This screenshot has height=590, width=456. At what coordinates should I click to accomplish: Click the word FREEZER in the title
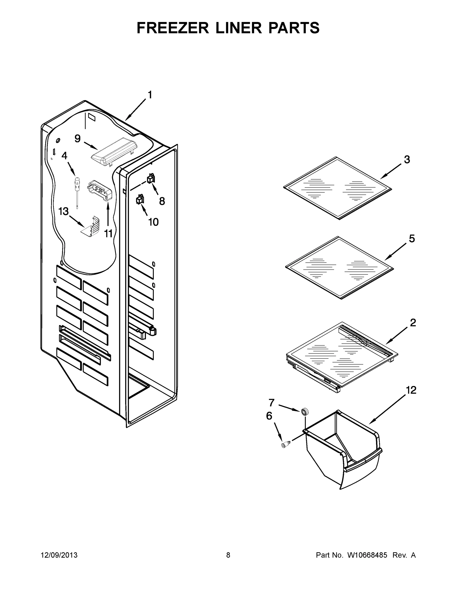coord(173,28)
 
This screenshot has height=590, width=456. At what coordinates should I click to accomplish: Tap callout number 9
coord(77,139)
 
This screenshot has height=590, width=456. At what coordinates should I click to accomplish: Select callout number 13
coord(63,211)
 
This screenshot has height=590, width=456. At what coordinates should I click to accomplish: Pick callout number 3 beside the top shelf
coord(407,160)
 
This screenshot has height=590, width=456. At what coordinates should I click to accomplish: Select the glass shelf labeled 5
coord(339,267)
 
